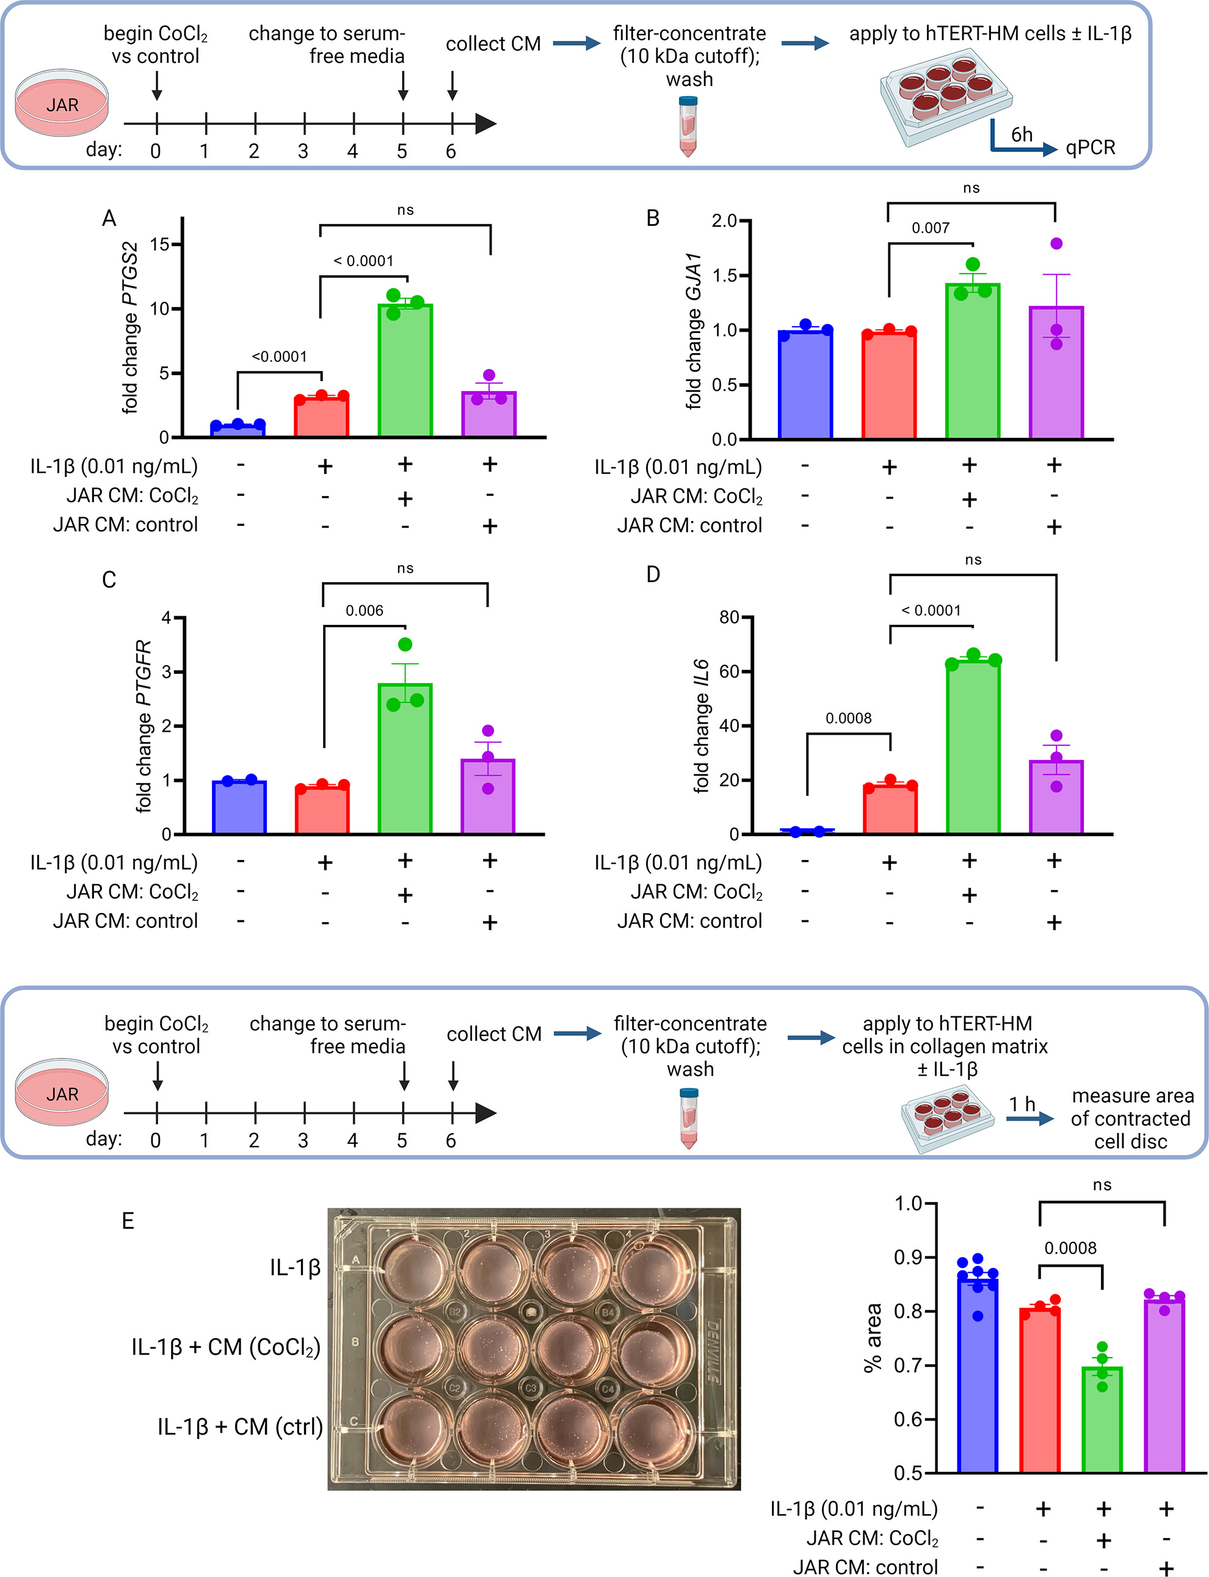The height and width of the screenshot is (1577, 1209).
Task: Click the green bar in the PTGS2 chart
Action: (x=405, y=371)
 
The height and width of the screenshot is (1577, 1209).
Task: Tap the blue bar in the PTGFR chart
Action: (x=239, y=807)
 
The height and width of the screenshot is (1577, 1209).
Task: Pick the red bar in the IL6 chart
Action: (x=890, y=810)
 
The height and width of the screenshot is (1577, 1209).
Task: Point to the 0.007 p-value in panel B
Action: (x=931, y=228)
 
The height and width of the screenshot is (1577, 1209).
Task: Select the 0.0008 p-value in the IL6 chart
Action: (x=849, y=718)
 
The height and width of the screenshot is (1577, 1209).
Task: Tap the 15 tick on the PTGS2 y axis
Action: (x=160, y=245)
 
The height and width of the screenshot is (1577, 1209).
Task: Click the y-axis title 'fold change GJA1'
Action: (x=694, y=330)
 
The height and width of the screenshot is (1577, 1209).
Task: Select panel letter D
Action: (x=653, y=574)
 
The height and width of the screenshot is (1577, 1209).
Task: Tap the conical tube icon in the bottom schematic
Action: (x=689, y=1118)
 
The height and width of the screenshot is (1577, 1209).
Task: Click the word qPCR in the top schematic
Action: (x=1091, y=148)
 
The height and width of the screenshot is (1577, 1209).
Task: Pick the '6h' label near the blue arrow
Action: (x=1022, y=134)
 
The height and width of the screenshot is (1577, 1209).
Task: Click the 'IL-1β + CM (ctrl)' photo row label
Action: (x=239, y=1427)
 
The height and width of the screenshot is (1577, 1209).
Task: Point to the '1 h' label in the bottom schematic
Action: (x=1022, y=1104)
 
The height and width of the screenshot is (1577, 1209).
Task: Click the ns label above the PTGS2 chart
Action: (x=405, y=210)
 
